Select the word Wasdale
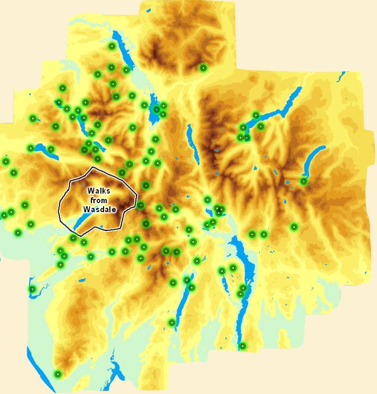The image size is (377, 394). pos(100,209)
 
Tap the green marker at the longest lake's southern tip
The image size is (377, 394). pos(243,346)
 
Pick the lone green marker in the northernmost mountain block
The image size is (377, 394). pos(203,68)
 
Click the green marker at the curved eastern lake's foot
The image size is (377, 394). pos(304,181)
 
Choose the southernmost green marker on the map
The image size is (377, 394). pos(58,374)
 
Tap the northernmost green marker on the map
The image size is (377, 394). pos(112,46)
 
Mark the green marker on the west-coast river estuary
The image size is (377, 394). pos(32,289)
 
